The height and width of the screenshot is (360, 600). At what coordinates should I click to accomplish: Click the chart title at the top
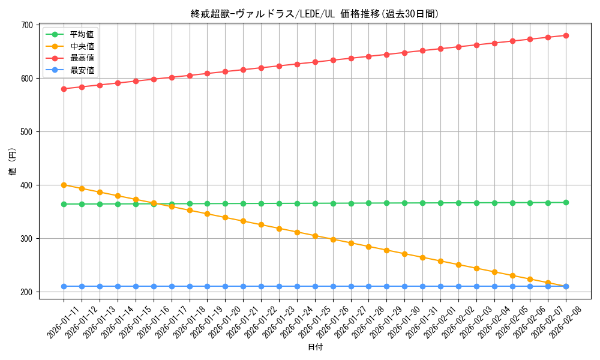point(314,14)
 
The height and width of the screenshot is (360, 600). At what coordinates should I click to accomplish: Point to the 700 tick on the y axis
point(26,25)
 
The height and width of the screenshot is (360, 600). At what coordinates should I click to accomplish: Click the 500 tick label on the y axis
point(26,132)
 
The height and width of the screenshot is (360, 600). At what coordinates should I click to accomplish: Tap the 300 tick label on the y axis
point(26,239)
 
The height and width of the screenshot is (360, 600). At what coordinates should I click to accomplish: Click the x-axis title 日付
point(315,347)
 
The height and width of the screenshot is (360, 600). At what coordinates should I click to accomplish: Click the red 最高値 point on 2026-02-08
point(566,35)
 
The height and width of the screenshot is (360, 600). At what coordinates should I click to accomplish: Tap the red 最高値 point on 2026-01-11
point(64,89)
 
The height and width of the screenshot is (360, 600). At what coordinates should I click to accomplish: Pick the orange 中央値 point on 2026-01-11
point(64,185)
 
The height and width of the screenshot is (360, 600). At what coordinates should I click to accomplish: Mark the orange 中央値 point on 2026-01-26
point(333,239)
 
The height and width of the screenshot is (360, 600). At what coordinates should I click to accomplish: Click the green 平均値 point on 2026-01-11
point(64,204)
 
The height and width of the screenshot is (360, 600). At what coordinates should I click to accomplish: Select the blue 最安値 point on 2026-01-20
point(225,286)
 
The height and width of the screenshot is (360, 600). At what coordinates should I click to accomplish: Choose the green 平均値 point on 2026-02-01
point(440,203)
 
